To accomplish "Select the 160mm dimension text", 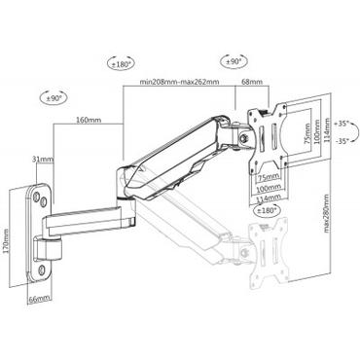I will [x=88, y=120].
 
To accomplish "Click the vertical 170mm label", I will [x=9, y=236].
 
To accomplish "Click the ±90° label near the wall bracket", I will [x=54, y=99].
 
